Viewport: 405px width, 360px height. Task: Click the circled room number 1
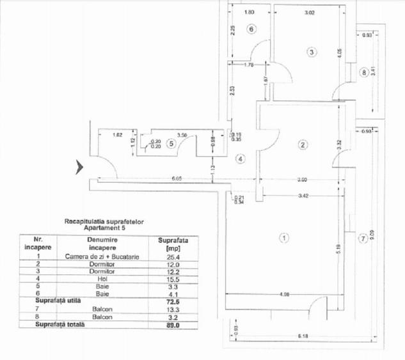285,238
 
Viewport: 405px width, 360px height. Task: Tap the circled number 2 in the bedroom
303,145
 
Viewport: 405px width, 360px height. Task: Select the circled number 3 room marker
311,52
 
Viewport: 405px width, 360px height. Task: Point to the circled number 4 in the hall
241,159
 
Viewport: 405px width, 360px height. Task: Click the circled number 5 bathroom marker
171,143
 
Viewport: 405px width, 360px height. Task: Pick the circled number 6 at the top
251,29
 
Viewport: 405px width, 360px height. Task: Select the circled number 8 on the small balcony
364,73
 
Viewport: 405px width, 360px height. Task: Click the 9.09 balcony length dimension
372,226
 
